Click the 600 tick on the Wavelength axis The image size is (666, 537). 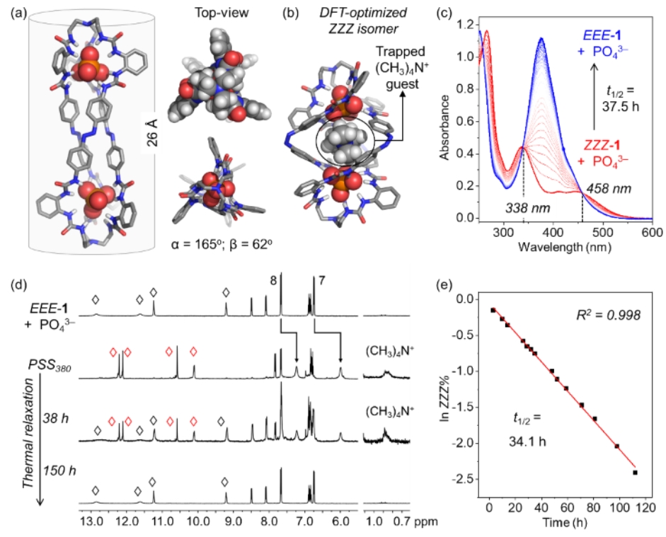pyautogui.click(x=651, y=231)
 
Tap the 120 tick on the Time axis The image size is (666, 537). pyautogui.click(x=645, y=510)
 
